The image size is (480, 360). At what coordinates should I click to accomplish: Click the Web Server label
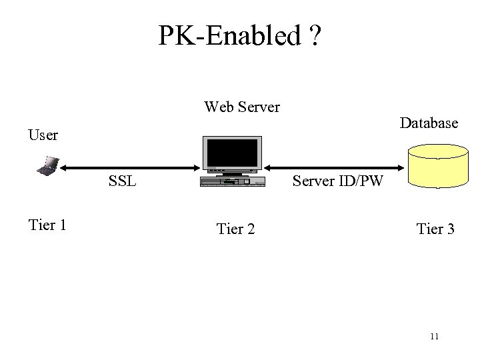242,107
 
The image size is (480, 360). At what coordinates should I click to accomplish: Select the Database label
429,123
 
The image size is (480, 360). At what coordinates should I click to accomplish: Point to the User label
43,135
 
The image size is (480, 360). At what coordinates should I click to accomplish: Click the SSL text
123,181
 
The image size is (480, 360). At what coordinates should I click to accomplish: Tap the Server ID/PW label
338,181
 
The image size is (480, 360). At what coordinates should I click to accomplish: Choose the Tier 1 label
47,225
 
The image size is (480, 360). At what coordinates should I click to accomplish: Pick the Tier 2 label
235,230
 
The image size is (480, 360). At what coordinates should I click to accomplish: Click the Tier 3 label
435,230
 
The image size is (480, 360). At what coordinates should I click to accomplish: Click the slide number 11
434,337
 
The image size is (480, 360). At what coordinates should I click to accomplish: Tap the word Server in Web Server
259,107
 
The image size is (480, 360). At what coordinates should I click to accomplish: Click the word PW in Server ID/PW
370,181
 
